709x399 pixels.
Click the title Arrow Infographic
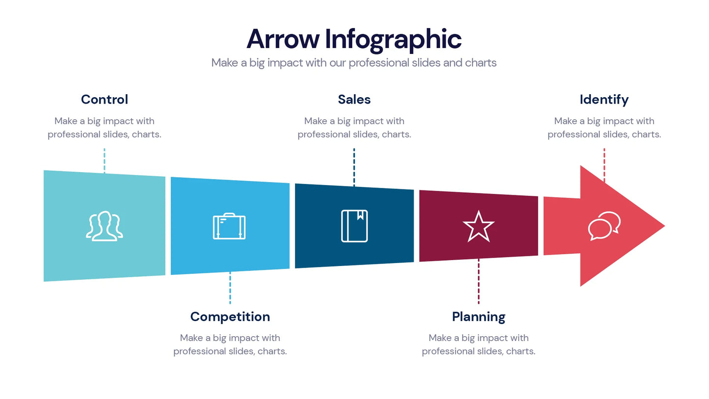coord(354,39)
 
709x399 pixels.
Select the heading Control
coord(105,100)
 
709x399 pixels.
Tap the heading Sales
coord(354,100)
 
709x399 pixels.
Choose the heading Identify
coord(604,100)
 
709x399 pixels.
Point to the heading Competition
coord(230,317)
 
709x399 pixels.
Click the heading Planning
coord(478,317)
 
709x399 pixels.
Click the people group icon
coord(105,226)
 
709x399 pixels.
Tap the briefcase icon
coord(229,226)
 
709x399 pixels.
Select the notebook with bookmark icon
coord(354,226)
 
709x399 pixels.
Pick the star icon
coord(478,227)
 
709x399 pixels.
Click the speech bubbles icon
coord(604,226)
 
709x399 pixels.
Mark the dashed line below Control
coord(105,160)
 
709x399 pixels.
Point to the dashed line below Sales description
coord(354,166)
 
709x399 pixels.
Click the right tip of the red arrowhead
coord(663,226)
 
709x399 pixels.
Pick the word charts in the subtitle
coord(480,63)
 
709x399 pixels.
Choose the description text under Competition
coord(230,345)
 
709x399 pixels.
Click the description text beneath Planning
coord(478,345)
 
